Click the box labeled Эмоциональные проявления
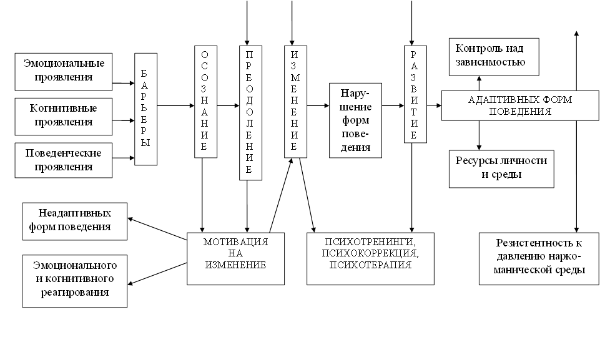tap(64, 71)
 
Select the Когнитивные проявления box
tap(64, 115)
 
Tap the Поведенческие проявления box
tap(64, 160)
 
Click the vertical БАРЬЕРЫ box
tap(145, 109)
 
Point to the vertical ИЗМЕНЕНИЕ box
tap(295, 101)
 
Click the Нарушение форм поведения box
tap(355, 120)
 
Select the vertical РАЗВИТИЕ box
tap(413, 94)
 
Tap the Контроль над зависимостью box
tap(493, 56)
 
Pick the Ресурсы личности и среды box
tap(501, 168)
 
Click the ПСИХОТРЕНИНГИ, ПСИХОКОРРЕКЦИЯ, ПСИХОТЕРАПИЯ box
tap(370, 258)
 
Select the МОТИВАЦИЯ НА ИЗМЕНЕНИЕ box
tap(235, 258)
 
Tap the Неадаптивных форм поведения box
tap(74, 221)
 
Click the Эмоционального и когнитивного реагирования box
tap(74, 280)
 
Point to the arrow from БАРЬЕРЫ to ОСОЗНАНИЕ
tap(176, 106)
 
